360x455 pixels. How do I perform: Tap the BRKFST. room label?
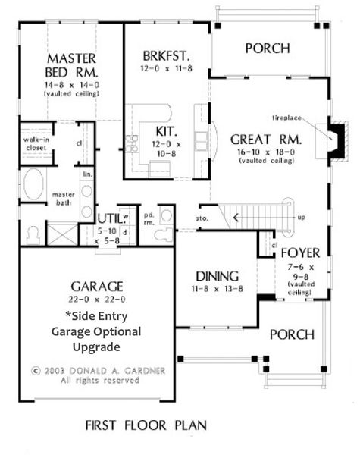pos(165,56)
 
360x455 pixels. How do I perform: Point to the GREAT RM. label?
pos(266,140)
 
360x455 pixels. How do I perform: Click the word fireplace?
pos(289,118)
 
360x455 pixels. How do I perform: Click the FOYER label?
pos(301,252)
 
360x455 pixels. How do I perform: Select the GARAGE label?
pos(96,286)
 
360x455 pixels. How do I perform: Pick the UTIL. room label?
pos(111,220)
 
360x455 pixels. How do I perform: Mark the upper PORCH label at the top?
pos(268,49)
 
